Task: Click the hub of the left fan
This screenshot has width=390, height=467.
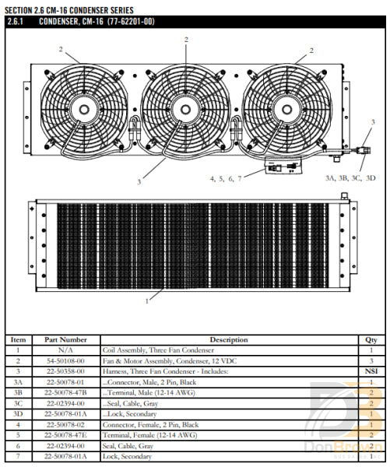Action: pyautogui.click(x=80, y=107)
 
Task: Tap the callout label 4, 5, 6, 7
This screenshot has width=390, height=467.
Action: pyautogui.click(x=226, y=178)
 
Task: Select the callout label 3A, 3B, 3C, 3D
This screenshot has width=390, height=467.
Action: pyautogui.click(x=350, y=177)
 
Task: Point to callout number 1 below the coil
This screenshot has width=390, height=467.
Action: pyautogui.click(x=146, y=300)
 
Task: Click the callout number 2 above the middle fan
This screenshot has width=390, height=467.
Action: pyautogui.click(x=186, y=39)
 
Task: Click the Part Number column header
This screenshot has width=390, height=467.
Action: pyautogui.click(x=66, y=340)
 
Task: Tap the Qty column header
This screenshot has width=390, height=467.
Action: pyautogui.click(x=371, y=340)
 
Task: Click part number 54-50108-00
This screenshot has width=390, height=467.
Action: pyautogui.click(x=66, y=361)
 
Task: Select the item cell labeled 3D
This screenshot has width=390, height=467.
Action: pyautogui.click(x=19, y=414)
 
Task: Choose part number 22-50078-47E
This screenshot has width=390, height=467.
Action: pyautogui.click(x=66, y=436)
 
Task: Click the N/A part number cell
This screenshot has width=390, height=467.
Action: pyautogui.click(x=66, y=351)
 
